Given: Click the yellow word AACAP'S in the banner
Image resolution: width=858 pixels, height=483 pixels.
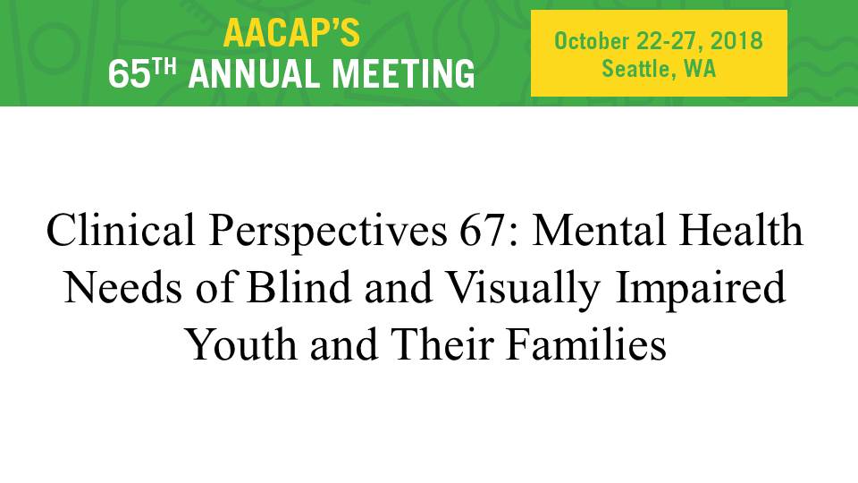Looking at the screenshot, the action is (291, 33).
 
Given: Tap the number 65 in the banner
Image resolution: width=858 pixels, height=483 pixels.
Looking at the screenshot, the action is (129, 74).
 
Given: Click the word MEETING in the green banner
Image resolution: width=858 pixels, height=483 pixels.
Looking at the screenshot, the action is (403, 74).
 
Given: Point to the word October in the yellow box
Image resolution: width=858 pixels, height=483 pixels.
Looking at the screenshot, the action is (592, 41).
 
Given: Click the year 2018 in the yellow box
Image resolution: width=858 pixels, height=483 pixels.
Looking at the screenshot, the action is (736, 41).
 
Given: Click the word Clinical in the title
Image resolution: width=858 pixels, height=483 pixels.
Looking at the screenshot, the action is (121, 229).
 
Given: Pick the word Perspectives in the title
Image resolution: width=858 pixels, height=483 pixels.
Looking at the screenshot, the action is (328, 233).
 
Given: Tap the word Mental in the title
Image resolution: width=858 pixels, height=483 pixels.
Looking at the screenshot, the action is (598, 229).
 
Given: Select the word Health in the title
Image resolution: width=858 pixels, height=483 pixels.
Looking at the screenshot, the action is (741, 229).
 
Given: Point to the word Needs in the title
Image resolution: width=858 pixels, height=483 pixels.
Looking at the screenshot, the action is (123, 287).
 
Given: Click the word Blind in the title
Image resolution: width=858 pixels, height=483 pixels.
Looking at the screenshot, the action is (299, 286).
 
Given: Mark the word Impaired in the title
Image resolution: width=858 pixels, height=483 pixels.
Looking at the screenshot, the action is (701, 290).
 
